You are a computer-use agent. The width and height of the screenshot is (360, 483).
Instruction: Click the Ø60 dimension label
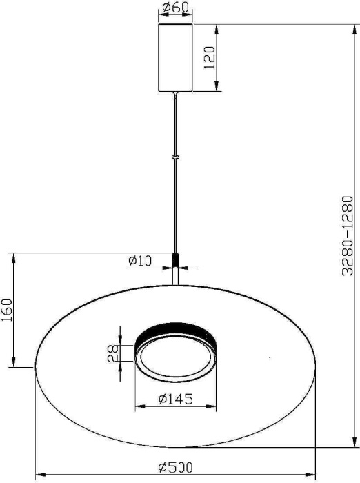coord(177,9)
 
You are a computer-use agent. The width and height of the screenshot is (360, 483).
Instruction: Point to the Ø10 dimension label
coord(140,261)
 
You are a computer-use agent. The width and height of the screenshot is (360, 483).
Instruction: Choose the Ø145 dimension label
coord(175,399)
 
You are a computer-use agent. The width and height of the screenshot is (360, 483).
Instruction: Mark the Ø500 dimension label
coord(175,468)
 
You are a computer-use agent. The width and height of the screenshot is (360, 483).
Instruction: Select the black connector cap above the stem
coord(177,259)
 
